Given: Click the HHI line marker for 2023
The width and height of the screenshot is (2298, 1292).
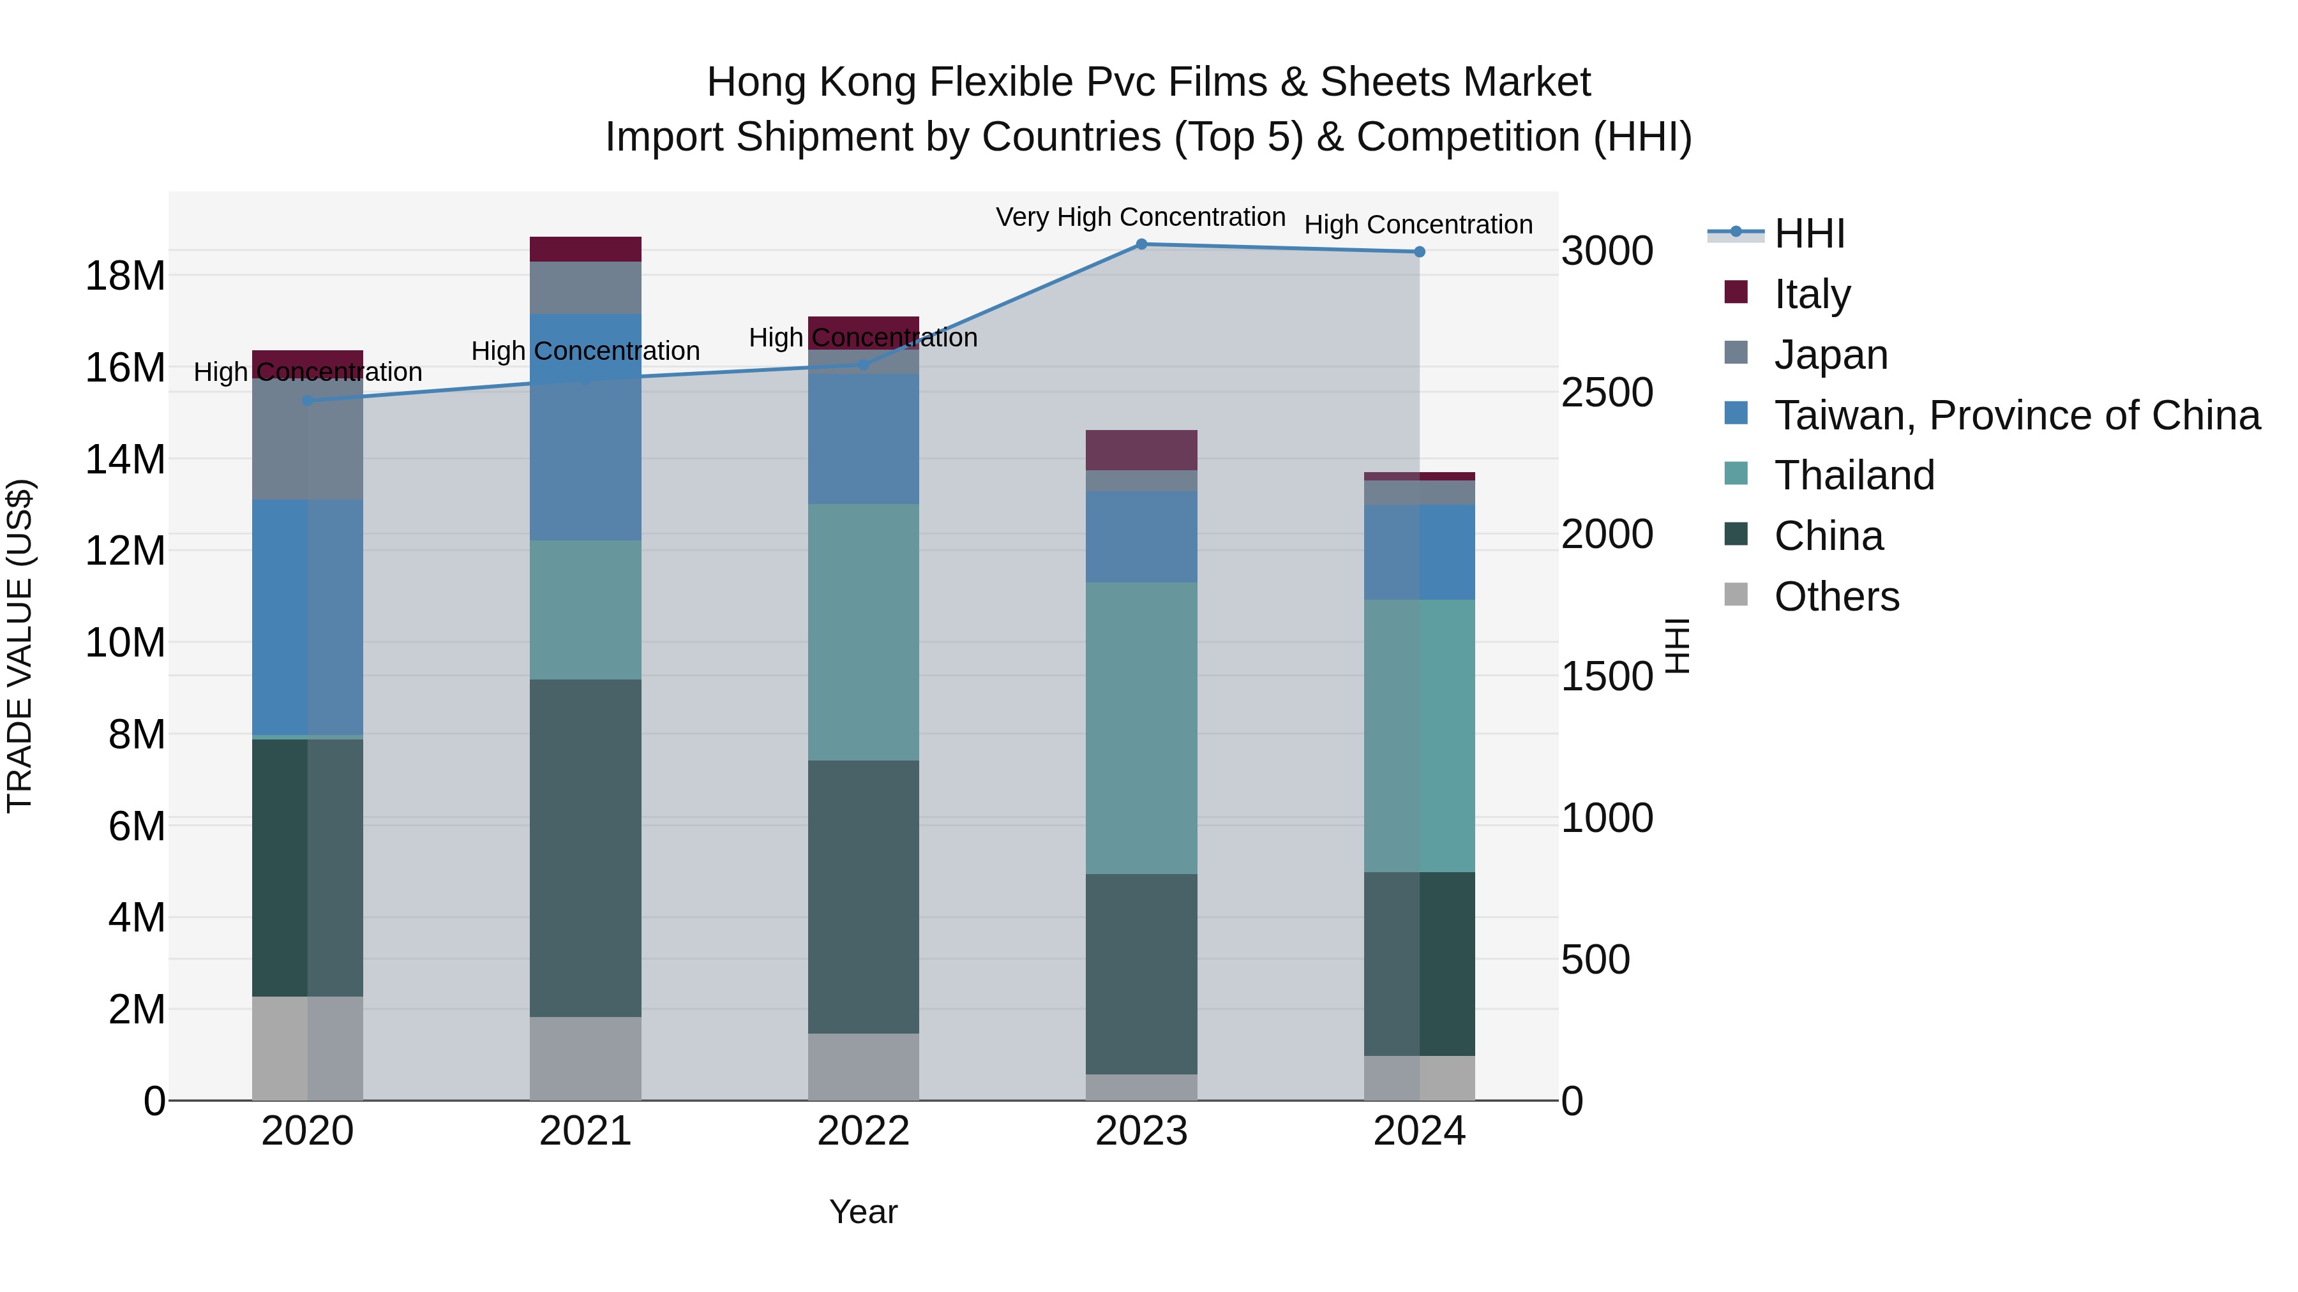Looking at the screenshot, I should [1141, 244].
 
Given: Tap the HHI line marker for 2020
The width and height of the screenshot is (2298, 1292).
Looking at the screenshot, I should [308, 400].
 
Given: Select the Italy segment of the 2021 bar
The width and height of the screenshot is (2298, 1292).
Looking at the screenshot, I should [585, 249].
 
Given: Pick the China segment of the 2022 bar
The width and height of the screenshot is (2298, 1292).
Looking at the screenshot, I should [862, 896].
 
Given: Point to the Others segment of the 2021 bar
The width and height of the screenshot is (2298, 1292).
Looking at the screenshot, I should [585, 1058].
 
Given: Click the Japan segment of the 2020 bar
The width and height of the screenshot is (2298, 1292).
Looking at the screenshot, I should [308, 439].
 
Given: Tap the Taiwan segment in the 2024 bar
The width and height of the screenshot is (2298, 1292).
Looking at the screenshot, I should [1418, 552].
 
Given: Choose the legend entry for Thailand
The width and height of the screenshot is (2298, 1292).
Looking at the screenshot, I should [1854, 475].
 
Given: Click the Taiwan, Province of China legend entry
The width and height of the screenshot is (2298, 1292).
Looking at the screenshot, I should [2016, 415].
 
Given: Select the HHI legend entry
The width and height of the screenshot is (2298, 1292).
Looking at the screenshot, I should [1808, 234].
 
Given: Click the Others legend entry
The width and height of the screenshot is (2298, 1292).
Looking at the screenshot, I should [1836, 597].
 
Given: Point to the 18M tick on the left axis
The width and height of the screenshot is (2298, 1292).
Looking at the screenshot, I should [125, 276].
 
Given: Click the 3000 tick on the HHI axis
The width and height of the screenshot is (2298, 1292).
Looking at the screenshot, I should [1607, 251].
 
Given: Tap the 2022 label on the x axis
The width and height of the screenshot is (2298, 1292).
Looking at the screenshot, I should [862, 1131].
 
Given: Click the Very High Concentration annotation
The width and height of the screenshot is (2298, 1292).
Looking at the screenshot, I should [1140, 218].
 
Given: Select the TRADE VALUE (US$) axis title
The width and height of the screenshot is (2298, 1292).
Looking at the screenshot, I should [20, 646].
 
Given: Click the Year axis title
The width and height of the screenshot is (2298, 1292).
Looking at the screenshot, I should [862, 1212].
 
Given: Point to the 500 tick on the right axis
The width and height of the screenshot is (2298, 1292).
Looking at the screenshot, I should [1595, 960].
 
